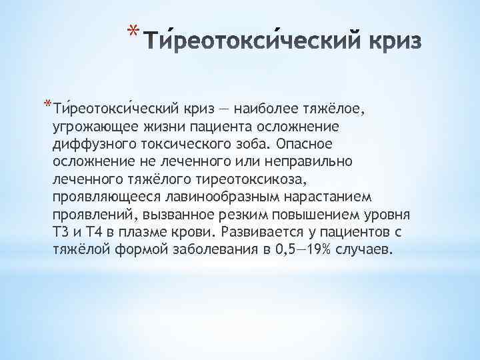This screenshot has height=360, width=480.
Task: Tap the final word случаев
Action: pyautogui.click(x=368, y=251)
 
